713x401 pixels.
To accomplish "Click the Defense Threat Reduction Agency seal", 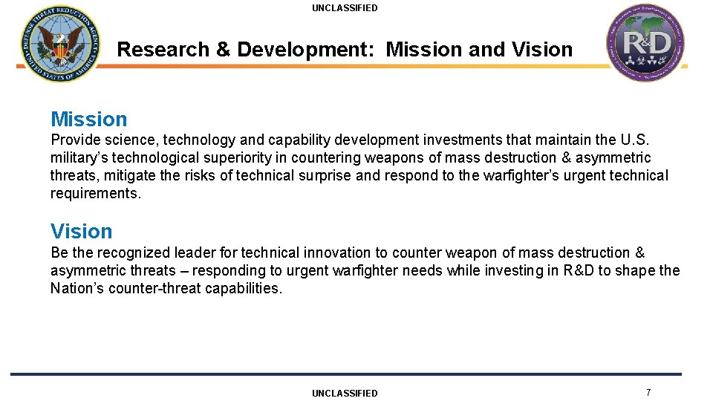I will point(59,44).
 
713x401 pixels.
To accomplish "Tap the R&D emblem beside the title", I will point(647,43).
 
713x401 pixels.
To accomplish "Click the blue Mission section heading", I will point(88,119).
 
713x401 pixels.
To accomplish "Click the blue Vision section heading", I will point(81,231).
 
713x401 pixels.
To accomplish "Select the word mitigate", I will point(131,176).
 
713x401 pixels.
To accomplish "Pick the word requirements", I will point(95,194).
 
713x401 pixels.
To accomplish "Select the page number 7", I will point(648,392).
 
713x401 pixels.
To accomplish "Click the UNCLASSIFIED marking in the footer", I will point(345,393).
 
